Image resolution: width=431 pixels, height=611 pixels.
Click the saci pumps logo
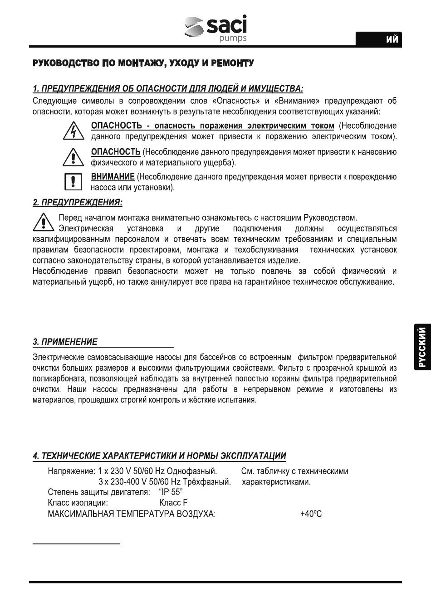pyautogui.click(x=216, y=29)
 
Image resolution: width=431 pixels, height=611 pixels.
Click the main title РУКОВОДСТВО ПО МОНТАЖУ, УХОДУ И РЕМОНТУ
pyautogui.click(x=143, y=63)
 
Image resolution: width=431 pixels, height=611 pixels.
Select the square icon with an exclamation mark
pyautogui.click(x=73, y=182)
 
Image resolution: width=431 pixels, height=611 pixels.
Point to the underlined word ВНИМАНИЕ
pyautogui.click(x=113, y=177)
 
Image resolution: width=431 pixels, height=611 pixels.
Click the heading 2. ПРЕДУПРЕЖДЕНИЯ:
pyautogui.click(x=78, y=202)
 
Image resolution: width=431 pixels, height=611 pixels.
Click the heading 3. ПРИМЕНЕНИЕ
pyautogui.click(x=65, y=342)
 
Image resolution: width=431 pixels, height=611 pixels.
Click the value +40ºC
pyautogui.click(x=311, y=514)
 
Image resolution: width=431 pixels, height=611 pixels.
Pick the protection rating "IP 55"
pyautogui.click(x=171, y=492)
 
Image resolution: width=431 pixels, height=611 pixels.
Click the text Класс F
pyautogui.click(x=173, y=503)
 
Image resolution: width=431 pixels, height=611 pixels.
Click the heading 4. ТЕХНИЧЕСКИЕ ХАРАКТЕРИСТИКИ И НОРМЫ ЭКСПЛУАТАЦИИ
pyautogui.click(x=159, y=456)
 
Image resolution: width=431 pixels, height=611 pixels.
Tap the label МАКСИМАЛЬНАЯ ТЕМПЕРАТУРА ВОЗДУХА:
pyautogui.click(x=132, y=514)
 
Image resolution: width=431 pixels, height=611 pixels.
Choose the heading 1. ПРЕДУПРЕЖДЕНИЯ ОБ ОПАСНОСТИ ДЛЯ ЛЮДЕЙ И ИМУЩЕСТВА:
pyautogui.click(x=168, y=88)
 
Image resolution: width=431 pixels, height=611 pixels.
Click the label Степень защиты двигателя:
pyautogui.click(x=99, y=492)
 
